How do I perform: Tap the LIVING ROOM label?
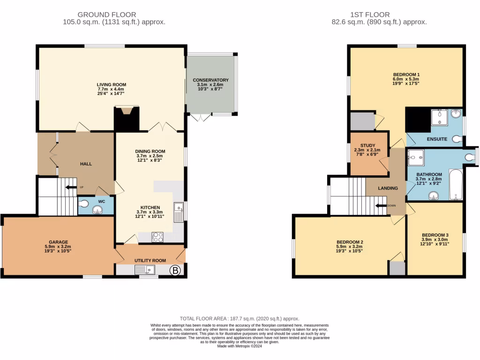click(x=112, y=85)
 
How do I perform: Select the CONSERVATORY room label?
click(x=210, y=80)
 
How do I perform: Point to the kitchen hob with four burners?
click(x=157, y=237)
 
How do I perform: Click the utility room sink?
click(x=144, y=270)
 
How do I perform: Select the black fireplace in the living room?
click(x=127, y=119)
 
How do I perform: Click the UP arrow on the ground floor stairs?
click(x=71, y=187)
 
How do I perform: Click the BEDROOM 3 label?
click(x=435, y=235)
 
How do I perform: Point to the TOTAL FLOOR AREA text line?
click(x=240, y=319)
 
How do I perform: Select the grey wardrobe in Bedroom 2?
click(x=397, y=268)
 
